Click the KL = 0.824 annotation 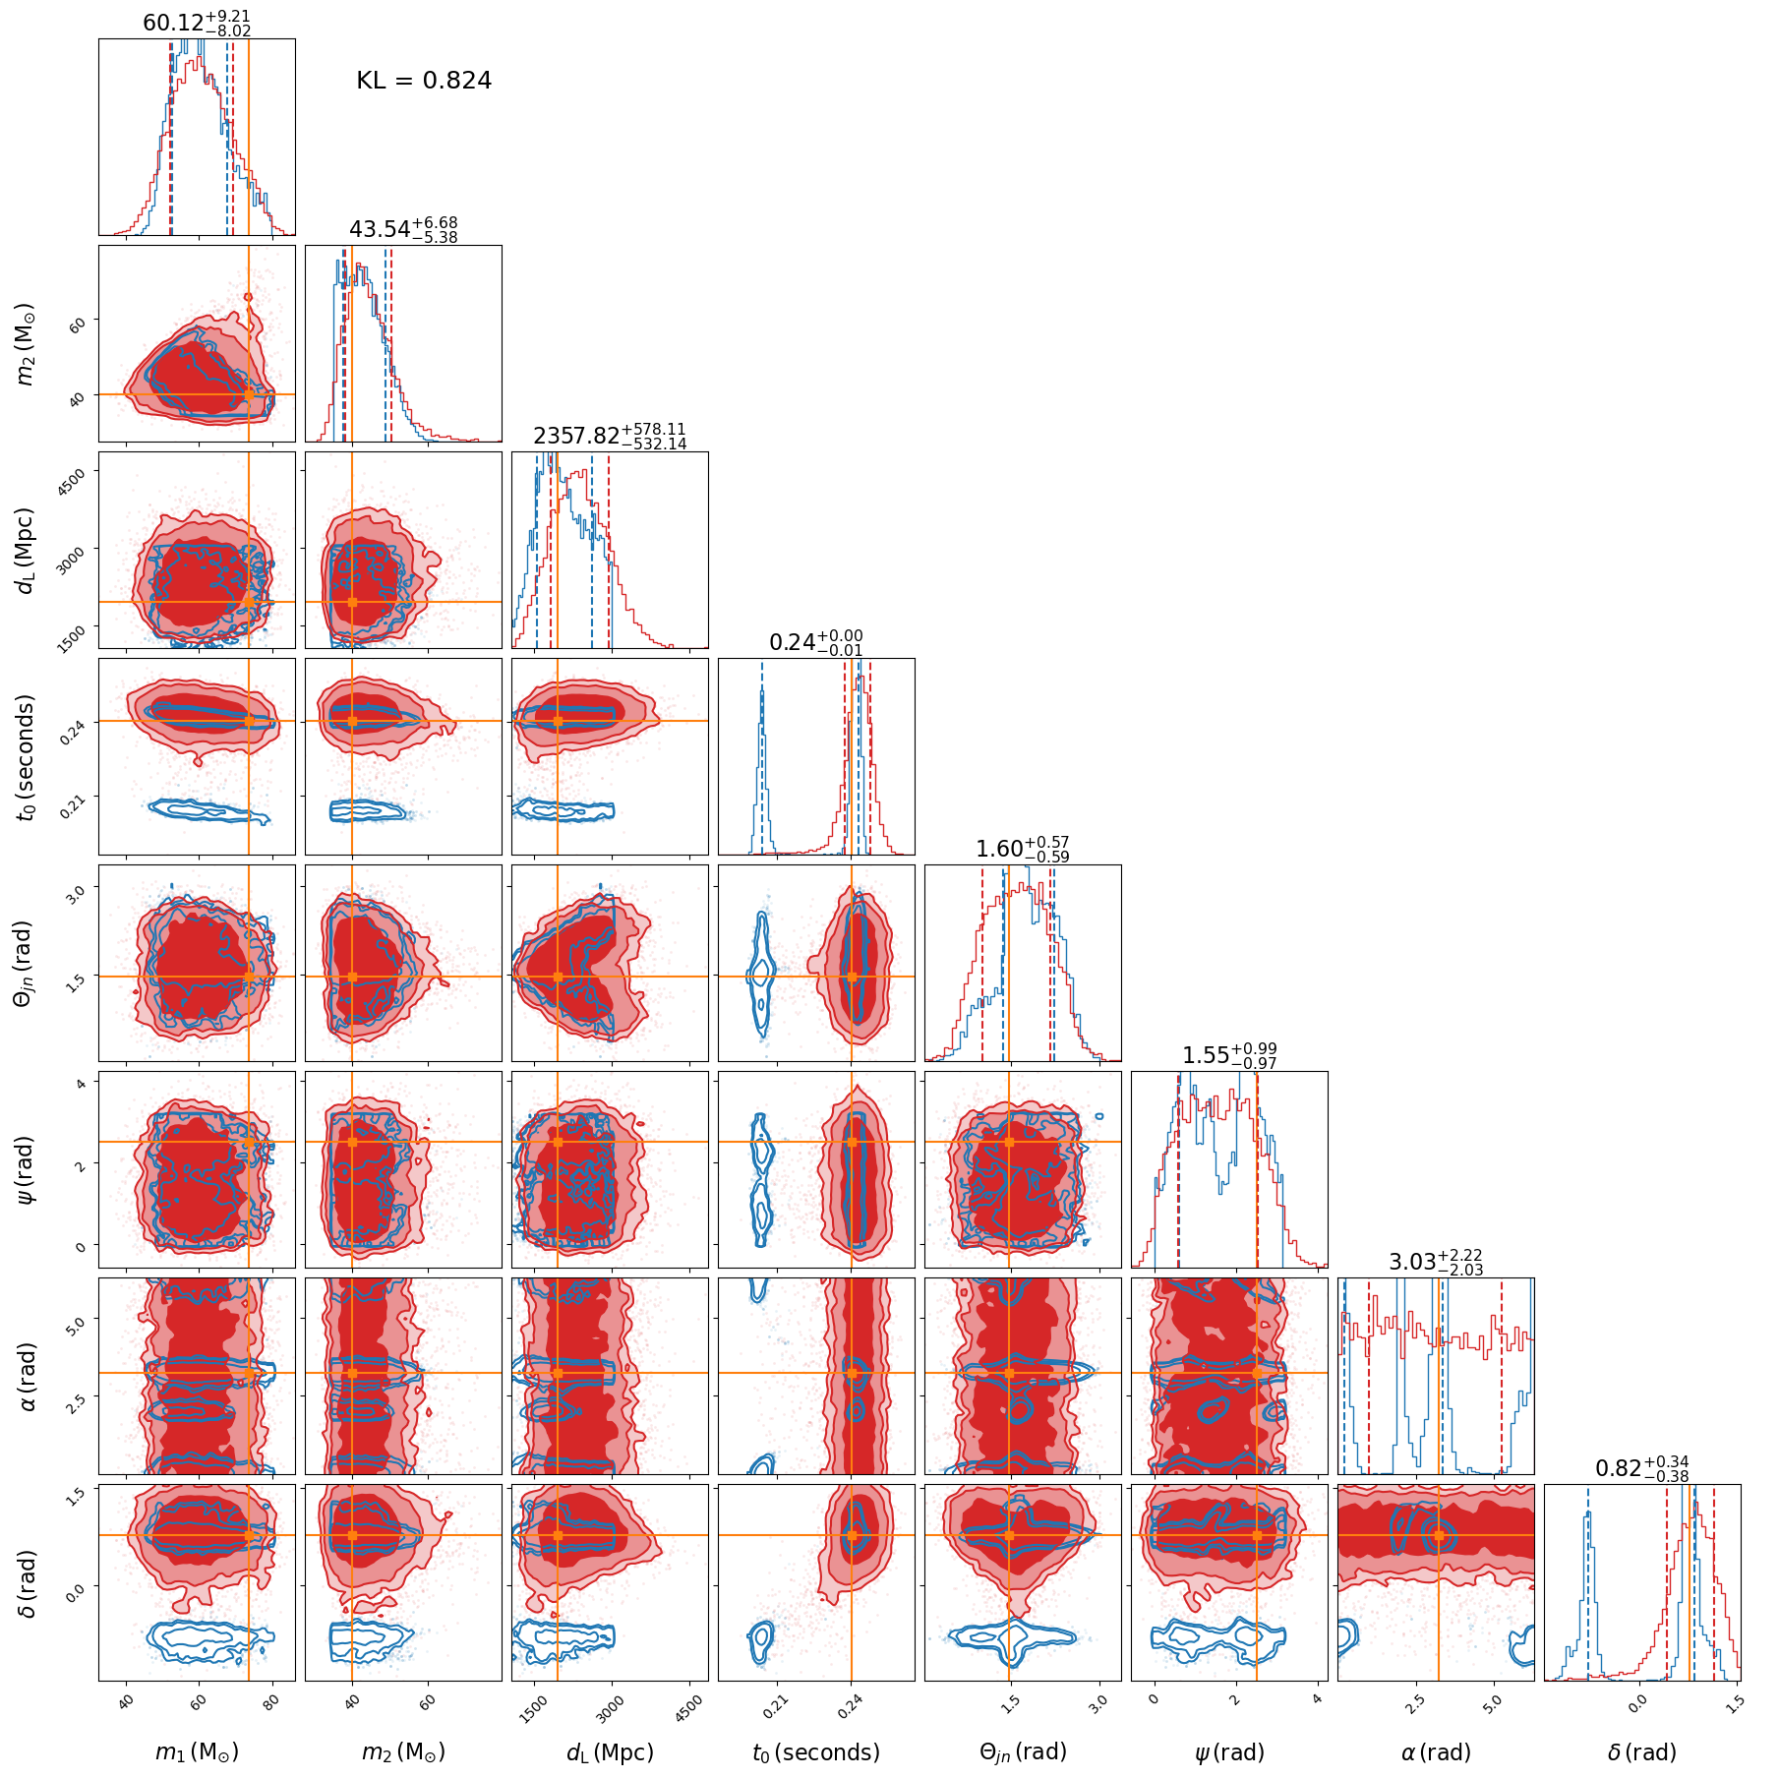424,81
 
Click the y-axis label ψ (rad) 27,1169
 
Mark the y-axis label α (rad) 27,1376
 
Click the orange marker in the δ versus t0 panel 852,1535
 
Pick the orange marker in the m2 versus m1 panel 249,394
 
